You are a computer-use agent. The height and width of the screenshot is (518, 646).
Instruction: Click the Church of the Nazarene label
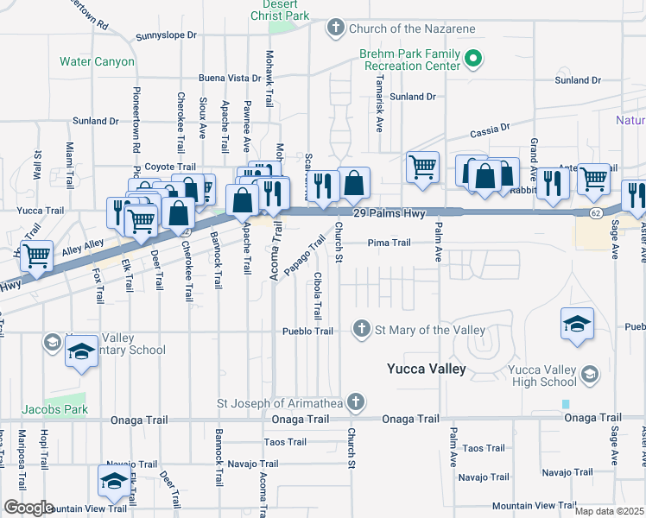(412, 29)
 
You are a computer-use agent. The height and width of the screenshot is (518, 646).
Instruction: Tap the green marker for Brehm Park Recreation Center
(472, 60)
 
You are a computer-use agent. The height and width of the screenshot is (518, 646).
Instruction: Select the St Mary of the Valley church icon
(363, 329)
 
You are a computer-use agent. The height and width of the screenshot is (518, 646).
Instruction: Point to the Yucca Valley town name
(426, 369)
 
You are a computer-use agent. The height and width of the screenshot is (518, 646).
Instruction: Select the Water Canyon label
(97, 62)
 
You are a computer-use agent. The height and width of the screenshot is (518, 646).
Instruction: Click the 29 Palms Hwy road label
(389, 213)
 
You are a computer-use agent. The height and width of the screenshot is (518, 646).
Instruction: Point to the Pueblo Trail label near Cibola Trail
(308, 331)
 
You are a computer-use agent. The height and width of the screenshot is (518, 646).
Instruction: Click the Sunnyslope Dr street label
(167, 37)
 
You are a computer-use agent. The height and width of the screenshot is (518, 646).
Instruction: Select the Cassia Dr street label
(490, 133)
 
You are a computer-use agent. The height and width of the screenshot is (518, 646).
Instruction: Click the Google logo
(28, 508)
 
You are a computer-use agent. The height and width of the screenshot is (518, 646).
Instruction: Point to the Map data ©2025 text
(609, 511)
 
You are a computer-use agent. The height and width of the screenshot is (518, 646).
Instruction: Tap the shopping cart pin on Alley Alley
(36, 257)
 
